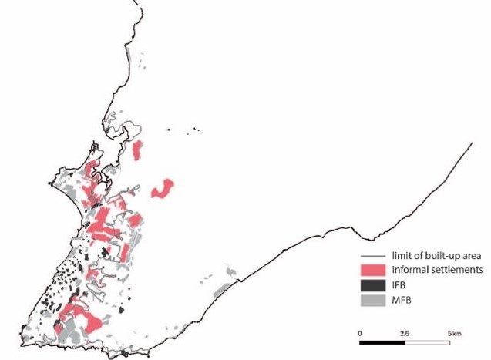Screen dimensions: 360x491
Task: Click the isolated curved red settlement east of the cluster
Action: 163,187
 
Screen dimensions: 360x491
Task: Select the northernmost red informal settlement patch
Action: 139,150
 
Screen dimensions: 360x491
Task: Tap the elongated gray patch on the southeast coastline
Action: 221,291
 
